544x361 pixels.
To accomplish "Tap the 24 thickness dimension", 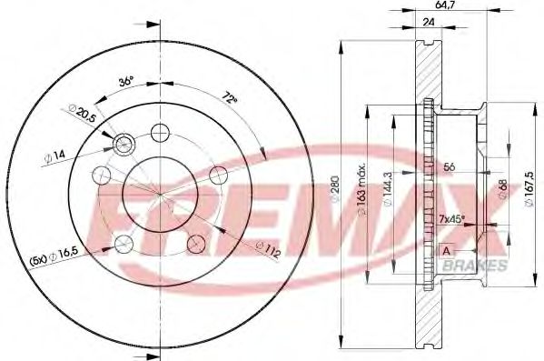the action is point(429,22).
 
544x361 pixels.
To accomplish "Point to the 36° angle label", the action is point(125,82).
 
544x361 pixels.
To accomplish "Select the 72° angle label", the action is point(230,97).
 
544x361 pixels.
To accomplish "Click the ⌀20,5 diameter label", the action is point(83,114).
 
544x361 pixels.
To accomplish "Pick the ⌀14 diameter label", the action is point(54,156).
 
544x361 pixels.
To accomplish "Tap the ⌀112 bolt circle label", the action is point(268,249).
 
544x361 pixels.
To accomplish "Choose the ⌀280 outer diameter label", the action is point(335,189).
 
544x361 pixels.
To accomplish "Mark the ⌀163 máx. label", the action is point(361,188).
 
